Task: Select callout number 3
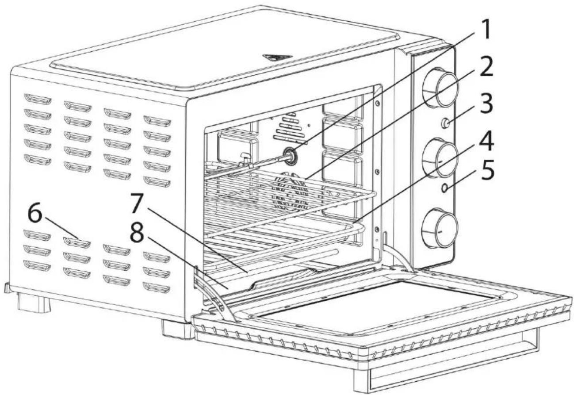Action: pyautogui.click(x=487, y=104)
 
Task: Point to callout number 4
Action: pyautogui.click(x=486, y=141)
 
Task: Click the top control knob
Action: pyautogui.click(x=440, y=88)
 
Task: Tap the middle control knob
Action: pyautogui.click(x=440, y=158)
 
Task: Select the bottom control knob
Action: pyautogui.click(x=440, y=228)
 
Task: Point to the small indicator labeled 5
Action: pyautogui.click(x=445, y=188)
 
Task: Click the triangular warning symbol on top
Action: pyautogui.click(x=277, y=58)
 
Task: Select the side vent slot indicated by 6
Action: pyautogui.click(x=77, y=242)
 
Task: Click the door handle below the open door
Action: pyautogui.click(x=446, y=364)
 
